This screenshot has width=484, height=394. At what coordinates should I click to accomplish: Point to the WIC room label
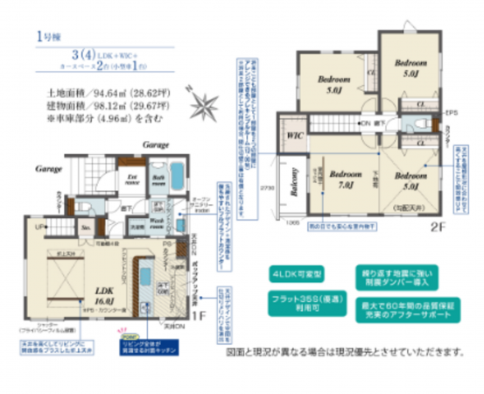(295, 137)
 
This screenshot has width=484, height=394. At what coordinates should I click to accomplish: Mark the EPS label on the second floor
(452, 114)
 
